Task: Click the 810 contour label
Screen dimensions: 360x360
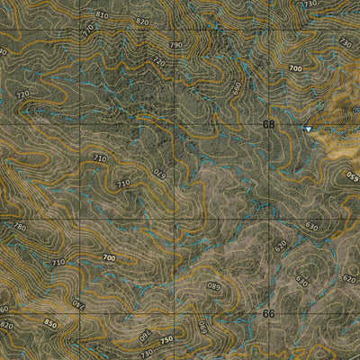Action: [102, 15]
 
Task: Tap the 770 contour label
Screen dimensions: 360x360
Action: [87, 29]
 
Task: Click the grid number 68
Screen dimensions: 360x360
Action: [268, 124]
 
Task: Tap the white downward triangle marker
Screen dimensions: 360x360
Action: [308, 130]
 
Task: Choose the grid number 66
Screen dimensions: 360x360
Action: [268, 314]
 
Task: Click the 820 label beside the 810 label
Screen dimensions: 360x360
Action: [141, 21]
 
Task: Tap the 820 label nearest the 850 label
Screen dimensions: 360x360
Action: [7, 324]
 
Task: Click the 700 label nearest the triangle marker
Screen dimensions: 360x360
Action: [294, 68]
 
